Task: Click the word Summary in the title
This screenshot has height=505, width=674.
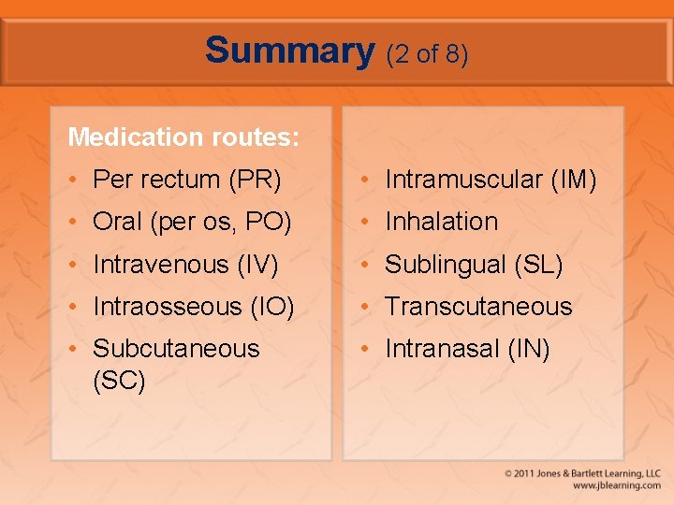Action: [x=289, y=50]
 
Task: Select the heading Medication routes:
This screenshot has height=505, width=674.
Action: [x=183, y=137]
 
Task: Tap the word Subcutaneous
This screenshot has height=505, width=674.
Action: [x=176, y=349]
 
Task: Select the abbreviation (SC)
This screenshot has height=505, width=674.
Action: [x=119, y=382]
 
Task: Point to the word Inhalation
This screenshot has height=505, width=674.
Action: [x=442, y=222]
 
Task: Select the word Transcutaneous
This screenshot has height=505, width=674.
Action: [x=478, y=307]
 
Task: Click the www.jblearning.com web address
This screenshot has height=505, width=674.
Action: [x=617, y=486]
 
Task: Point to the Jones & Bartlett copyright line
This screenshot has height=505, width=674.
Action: [x=582, y=473]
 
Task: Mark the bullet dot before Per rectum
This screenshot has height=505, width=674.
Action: [x=75, y=180]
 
